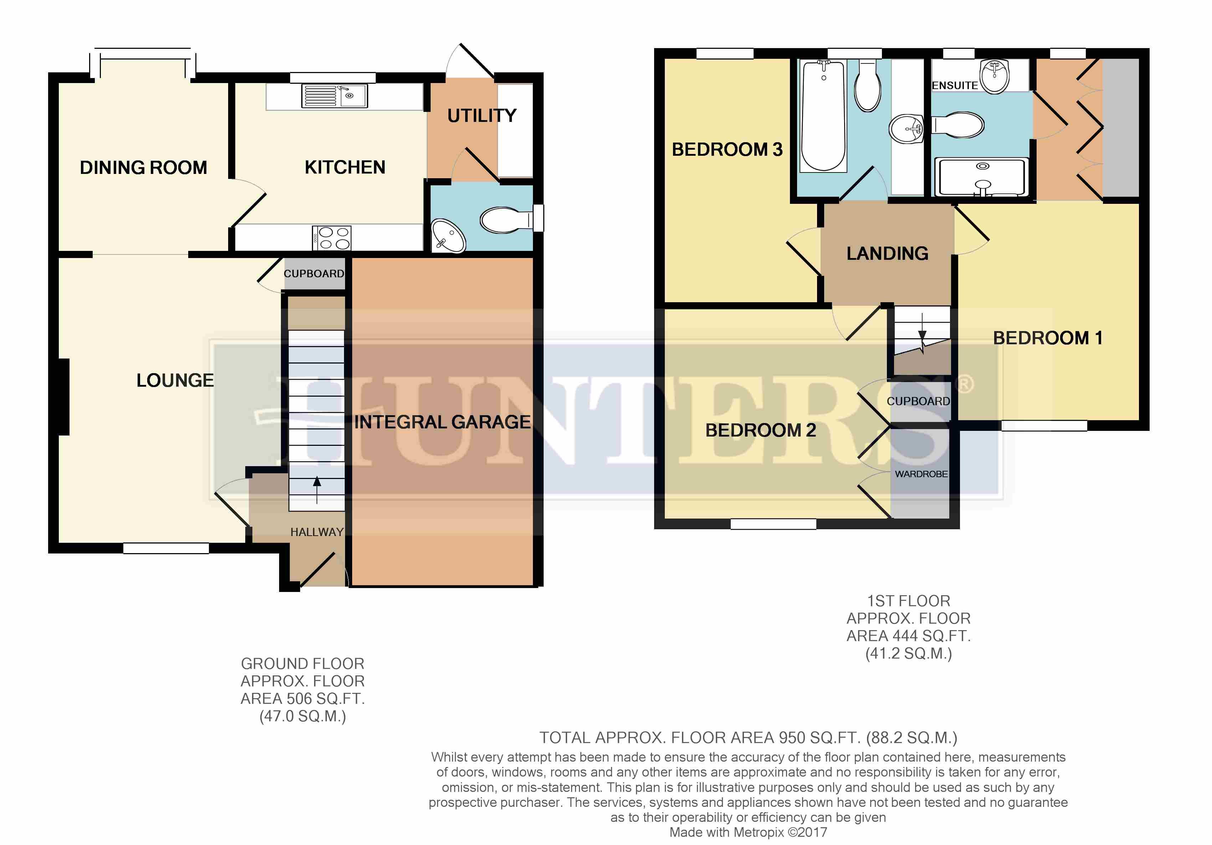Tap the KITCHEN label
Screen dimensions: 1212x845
tap(345, 167)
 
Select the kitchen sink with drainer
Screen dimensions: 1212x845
tap(335, 96)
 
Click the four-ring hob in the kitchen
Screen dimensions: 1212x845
tap(332, 237)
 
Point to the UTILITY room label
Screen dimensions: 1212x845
tap(482, 115)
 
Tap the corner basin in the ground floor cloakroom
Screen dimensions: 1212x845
tap(448, 236)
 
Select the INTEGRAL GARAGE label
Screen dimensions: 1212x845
tap(442, 422)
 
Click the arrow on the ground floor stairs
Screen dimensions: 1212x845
tap(317, 490)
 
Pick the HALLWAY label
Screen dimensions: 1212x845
tap(317, 532)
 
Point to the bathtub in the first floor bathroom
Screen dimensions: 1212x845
tap(823, 115)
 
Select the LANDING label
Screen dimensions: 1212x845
tap(887, 253)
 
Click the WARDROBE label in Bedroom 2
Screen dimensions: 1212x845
tap(921, 474)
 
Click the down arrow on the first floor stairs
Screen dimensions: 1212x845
tap(922, 328)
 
